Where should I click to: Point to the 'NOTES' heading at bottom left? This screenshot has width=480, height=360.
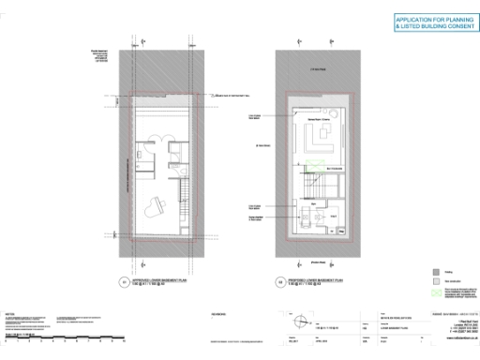tap(9, 313)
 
